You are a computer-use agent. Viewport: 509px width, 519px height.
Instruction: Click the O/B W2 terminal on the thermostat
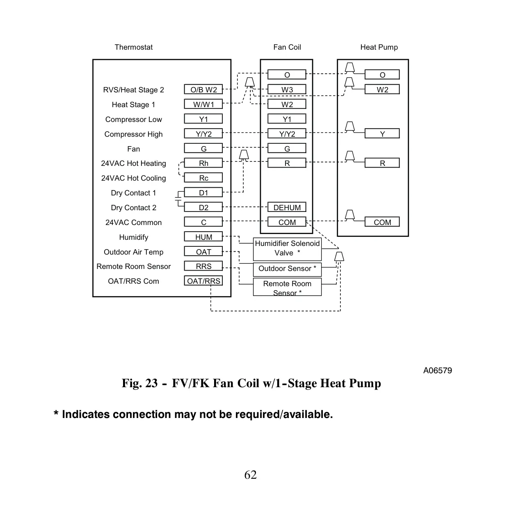(x=203, y=89)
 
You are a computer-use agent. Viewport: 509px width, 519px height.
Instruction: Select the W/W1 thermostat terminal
(x=203, y=104)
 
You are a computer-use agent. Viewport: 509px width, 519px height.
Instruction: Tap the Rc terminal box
(x=203, y=178)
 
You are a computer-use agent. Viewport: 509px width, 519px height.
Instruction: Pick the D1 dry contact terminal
(x=203, y=192)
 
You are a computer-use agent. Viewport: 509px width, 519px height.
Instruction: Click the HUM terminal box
(x=203, y=237)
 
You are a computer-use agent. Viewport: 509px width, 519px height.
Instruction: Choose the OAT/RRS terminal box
(x=203, y=280)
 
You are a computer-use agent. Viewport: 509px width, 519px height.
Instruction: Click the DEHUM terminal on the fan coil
(x=287, y=207)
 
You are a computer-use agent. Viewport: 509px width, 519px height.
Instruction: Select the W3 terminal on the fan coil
(x=287, y=89)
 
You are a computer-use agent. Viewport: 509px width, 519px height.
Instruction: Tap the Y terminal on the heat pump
(x=382, y=133)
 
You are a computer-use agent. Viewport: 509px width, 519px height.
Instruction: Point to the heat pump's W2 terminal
(x=382, y=89)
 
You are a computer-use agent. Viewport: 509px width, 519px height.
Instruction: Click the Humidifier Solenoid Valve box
(x=287, y=249)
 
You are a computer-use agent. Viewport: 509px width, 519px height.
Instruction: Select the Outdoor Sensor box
(x=287, y=270)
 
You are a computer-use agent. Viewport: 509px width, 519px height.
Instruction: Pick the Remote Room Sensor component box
(x=287, y=287)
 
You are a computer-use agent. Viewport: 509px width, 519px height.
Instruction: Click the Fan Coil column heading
(x=287, y=47)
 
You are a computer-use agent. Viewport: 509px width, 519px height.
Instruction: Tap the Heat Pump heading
(x=379, y=47)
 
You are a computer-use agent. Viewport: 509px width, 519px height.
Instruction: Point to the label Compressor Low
(x=134, y=119)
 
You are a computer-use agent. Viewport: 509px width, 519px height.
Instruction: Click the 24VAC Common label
(x=134, y=223)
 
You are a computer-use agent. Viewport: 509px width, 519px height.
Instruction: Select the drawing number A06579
(x=437, y=370)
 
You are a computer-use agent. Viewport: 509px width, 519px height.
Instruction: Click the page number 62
(x=250, y=475)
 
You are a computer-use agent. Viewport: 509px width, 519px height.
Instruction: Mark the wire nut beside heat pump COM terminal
(x=349, y=215)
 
